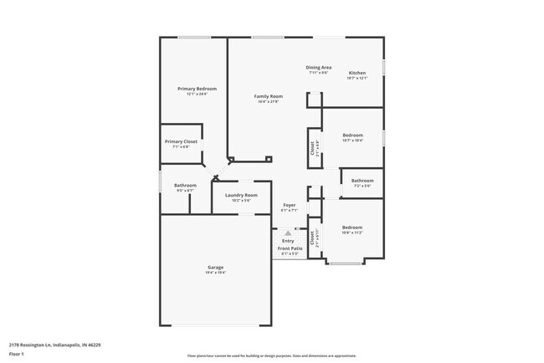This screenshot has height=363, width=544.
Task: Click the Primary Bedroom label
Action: point(197,89)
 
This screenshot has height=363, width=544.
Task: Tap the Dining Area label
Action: point(318,67)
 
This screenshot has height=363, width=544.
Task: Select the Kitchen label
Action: point(357,73)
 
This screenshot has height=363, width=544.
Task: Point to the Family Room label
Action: point(269,96)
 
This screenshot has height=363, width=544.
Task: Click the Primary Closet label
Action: point(180,141)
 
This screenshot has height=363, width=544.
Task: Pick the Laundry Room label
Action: point(240,195)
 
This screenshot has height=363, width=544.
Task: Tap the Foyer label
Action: point(290,205)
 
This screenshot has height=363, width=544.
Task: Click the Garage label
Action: point(216,268)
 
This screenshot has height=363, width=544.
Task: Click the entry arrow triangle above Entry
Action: point(288,233)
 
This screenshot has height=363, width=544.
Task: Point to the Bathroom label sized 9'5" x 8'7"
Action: point(185,185)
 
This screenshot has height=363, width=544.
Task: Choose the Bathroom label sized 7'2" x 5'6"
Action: point(362,181)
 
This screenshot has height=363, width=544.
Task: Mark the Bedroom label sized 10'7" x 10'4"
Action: point(352,135)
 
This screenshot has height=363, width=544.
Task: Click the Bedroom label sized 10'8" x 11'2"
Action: point(352,228)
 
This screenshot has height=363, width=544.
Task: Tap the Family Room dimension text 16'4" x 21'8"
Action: point(269,102)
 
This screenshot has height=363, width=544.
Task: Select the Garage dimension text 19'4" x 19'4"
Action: point(216,273)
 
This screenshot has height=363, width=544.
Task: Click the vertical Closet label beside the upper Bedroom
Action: point(312,148)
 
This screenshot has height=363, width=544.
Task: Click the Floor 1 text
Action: point(16,354)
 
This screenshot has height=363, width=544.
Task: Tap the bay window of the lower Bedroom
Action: point(344,263)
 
